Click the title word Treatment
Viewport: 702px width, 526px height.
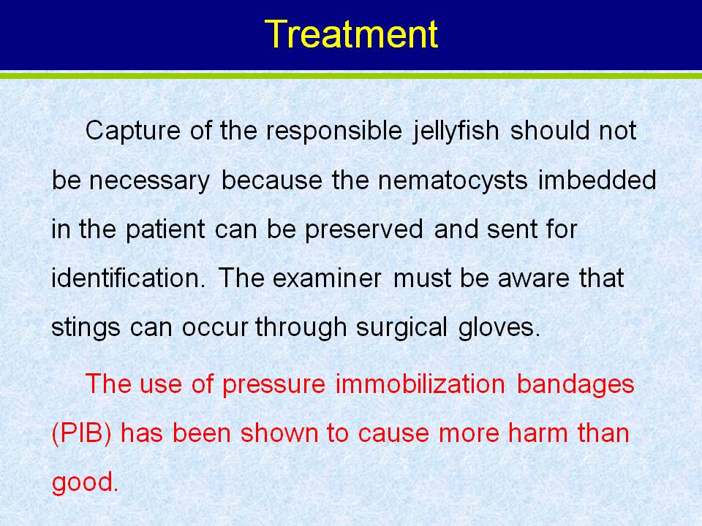(351, 34)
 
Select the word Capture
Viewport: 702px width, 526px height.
(133, 131)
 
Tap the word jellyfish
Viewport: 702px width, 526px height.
(456, 131)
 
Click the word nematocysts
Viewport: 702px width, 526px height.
(453, 180)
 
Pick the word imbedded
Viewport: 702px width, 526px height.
(597, 180)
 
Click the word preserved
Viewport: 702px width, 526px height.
(364, 229)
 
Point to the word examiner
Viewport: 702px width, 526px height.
(327, 278)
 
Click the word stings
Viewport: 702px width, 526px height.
(86, 328)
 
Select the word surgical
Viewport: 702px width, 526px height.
(401, 328)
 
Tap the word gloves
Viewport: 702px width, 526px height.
(499, 327)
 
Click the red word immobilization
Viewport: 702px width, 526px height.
(420, 384)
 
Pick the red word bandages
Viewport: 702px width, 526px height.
(575, 385)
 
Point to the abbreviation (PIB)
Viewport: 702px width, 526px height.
(81, 434)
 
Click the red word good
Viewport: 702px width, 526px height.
(85, 483)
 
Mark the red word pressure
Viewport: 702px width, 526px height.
(273, 386)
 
